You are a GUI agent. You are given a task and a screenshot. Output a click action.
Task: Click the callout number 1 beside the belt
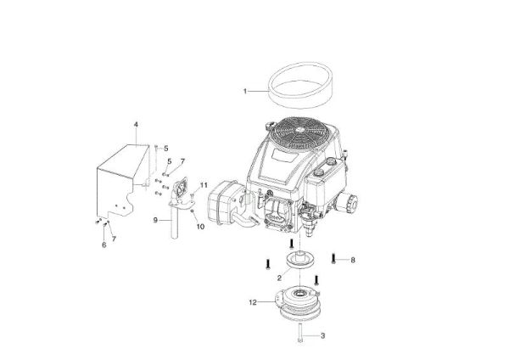coord(245,89)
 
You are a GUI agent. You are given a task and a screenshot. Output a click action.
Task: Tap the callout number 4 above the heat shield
coord(135,126)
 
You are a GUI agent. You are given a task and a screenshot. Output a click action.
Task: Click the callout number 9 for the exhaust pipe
coord(155,220)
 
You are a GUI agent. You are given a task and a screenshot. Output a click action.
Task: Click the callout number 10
coord(201,227)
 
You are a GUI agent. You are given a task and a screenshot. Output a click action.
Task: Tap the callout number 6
coord(104,245)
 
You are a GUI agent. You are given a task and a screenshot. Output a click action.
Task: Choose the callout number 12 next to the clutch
coord(252,301)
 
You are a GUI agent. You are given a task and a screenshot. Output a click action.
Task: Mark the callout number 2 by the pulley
coord(278,277)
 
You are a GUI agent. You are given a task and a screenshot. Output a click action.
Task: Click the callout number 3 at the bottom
coord(322,336)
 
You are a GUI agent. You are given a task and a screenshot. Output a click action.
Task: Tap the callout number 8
coord(353,259)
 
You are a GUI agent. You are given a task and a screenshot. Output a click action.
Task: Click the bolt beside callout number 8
coord(336,259)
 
